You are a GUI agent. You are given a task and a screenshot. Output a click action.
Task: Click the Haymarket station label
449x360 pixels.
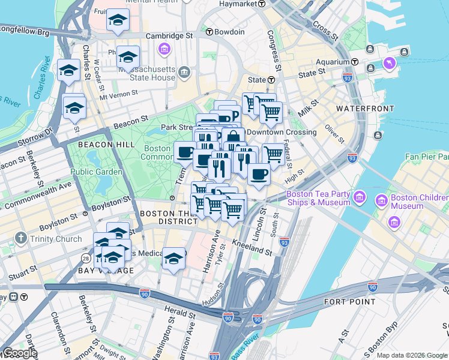click(237, 4)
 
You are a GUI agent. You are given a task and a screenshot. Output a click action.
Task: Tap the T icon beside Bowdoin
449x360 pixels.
click(209, 32)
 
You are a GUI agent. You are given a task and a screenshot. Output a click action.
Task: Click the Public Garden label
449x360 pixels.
click(96, 172)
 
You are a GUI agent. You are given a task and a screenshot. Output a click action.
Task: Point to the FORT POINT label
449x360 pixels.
click(349, 301)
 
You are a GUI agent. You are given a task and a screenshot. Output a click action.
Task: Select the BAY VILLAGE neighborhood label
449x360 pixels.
click(107, 271)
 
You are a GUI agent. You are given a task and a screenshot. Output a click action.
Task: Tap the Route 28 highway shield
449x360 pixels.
click(86, 258)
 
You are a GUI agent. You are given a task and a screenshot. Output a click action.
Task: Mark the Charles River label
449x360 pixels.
click(41, 78)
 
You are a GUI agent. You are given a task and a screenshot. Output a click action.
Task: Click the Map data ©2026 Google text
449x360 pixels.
click(412, 355)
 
